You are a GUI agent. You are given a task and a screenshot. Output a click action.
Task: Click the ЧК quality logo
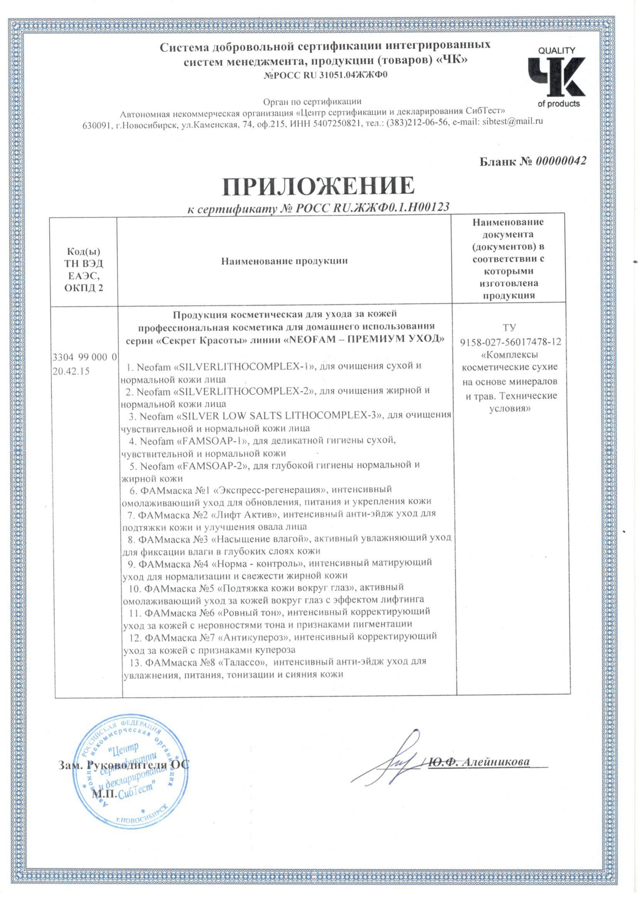pyautogui.click(x=557, y=78)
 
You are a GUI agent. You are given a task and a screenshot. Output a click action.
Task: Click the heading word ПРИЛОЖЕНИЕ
pyautogui.click(x=318, y=186)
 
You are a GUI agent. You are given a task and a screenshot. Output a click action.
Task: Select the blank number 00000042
pyautogui.click(x=561, y=161)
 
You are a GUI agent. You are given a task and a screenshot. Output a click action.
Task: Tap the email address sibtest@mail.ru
pyautogui.click(x=512, y=122)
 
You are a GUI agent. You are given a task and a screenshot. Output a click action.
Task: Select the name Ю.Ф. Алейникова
pyautogui.click(x=479, y=762)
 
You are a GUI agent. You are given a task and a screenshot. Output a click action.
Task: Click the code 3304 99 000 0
pyautogui.click(x=84, y=357)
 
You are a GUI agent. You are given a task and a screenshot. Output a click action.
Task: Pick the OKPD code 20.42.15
pyautogui.click(x=71, y=371)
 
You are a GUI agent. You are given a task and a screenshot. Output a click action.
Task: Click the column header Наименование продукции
pyautogui.click(x=284, y=261)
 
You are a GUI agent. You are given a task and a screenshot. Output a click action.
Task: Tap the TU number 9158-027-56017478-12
pyautogui.click(x=510, y=342)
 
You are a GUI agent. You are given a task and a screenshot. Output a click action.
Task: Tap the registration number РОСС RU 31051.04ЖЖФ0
pyautogui.click(x=326, y=75)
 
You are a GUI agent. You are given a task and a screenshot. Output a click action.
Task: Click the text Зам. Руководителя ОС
pyautogui.click(x=123, y=765)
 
